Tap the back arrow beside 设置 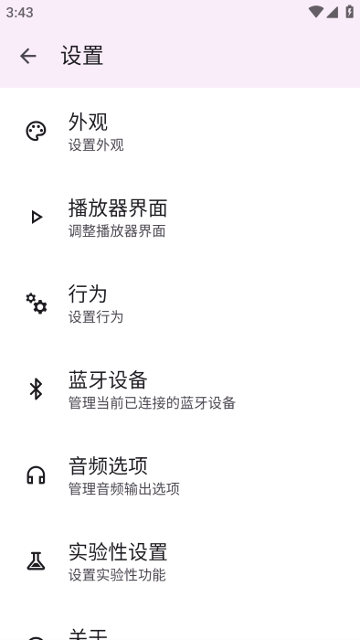[x=28, y=56]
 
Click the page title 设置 [x=82, y=56]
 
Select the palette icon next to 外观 [x=36, y=132]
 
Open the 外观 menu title [x=89, y=122]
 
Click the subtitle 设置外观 [x=96, y=144]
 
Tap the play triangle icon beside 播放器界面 [x=37, y=218]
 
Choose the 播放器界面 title [x=118, y=208]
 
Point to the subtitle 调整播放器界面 [x=117, y=230]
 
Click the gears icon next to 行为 [x=37, y=304]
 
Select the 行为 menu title [x=88, y=293]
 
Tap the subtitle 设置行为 [x=96, y=316]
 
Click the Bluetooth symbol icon [x=37, y=389]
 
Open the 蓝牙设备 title [x=108, y=379]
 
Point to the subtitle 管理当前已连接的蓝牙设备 [x=152, y=402]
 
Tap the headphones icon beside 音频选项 [x=37, y=475]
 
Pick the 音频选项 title [x=108, y=465]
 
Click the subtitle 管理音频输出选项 [x=124, y=488]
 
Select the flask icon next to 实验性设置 [x=37, y=561]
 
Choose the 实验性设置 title [x=118, y=551]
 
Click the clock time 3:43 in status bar [x=19, y=13]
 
